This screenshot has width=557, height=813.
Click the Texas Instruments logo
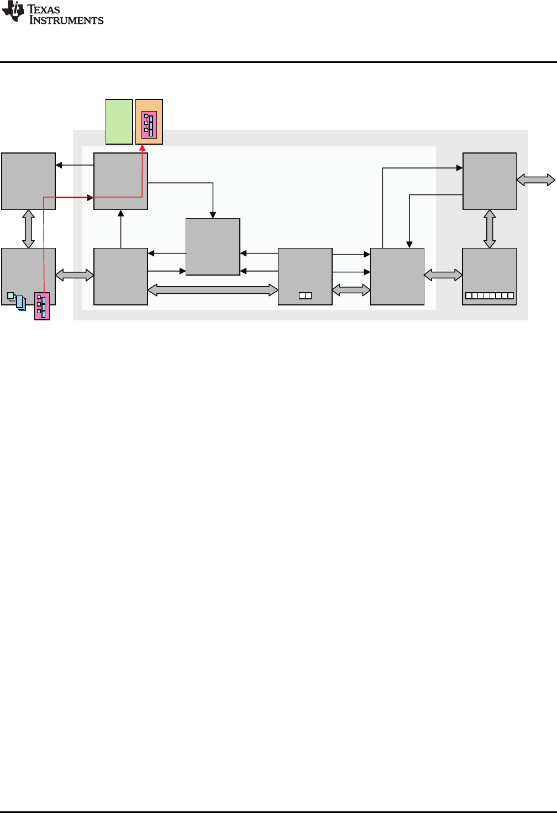52,13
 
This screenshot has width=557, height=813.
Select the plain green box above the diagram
119,122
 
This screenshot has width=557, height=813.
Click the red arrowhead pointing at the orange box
142,147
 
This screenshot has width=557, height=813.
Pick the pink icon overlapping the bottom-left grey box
42,306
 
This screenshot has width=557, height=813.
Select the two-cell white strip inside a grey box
305,296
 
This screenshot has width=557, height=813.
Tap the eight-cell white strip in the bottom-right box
490,296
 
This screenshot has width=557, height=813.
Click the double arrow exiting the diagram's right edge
535,180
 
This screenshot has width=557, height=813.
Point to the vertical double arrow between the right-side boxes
490,229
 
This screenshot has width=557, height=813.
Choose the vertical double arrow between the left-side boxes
28,229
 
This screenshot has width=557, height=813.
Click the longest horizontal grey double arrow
213,289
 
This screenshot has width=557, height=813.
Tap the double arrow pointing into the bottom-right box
443,274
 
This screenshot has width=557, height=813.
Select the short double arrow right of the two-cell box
351,289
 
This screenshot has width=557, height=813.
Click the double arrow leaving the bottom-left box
75,274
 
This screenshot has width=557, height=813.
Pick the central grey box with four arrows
213,246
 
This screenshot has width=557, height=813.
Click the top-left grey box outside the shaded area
28,181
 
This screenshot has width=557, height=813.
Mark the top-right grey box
490,181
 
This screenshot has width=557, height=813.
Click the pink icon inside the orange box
149,125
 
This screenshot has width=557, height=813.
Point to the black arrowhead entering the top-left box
59,165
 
